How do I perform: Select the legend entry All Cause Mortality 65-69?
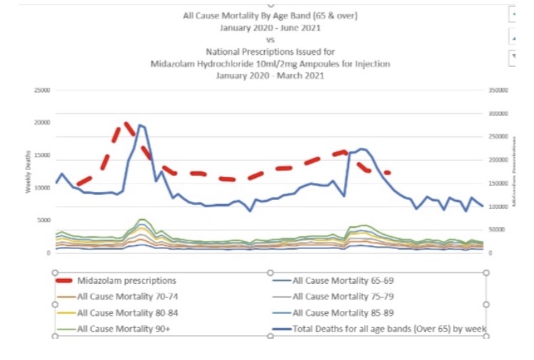tap(338, 281)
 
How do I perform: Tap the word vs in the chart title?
tap(270, 40)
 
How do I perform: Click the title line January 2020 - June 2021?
tap(270, 28)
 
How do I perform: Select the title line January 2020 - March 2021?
tap(270, 75)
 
